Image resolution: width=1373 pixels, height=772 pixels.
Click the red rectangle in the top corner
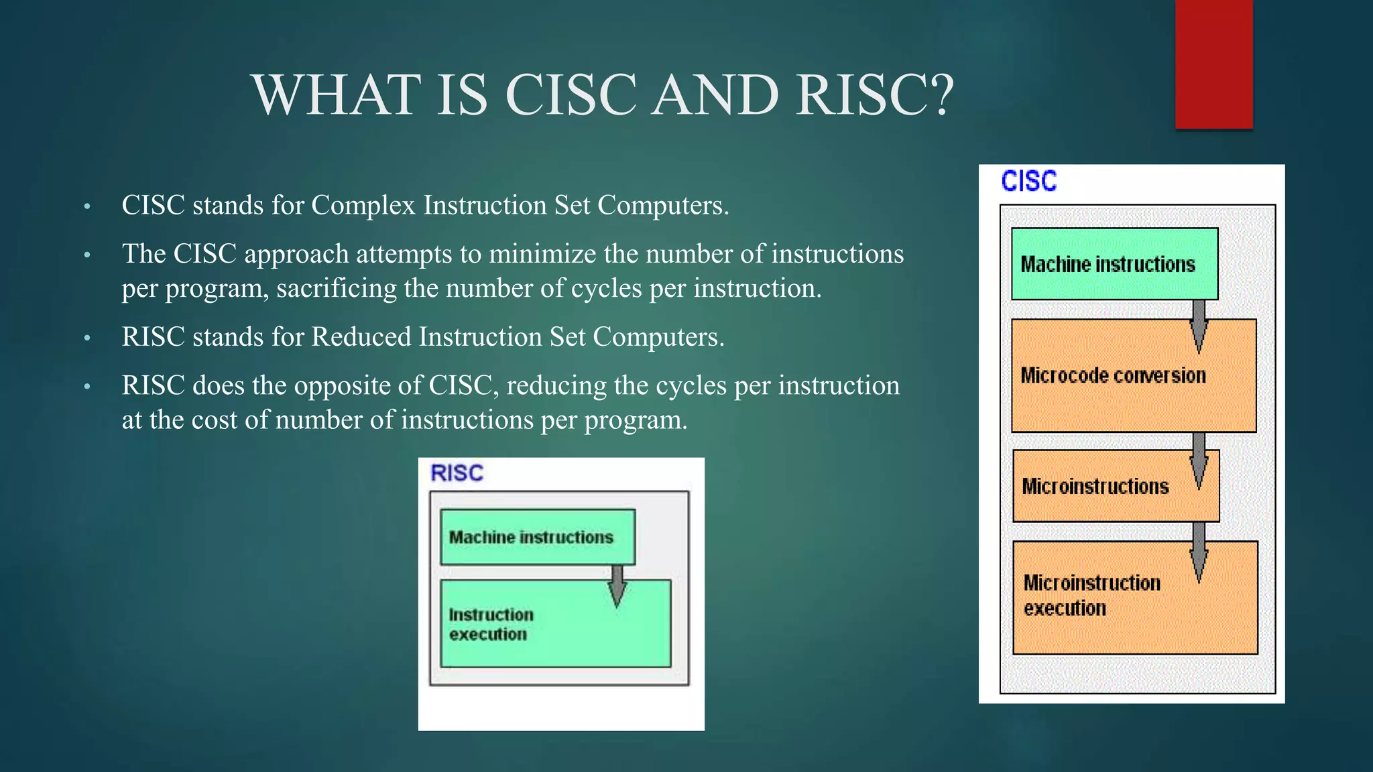[x=1213, y=64]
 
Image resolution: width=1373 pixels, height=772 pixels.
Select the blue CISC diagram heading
[x=1028, y=182]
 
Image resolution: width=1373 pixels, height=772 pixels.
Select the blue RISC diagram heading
[x=457, y=473]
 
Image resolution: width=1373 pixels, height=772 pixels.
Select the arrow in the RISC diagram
[x=617, y=585]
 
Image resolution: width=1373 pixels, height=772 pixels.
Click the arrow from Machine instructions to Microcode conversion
[x=1199, y=326]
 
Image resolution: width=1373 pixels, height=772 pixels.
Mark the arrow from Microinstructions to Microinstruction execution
[x=1199, y=551]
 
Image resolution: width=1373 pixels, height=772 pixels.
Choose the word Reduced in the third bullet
[x=361, y=337]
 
